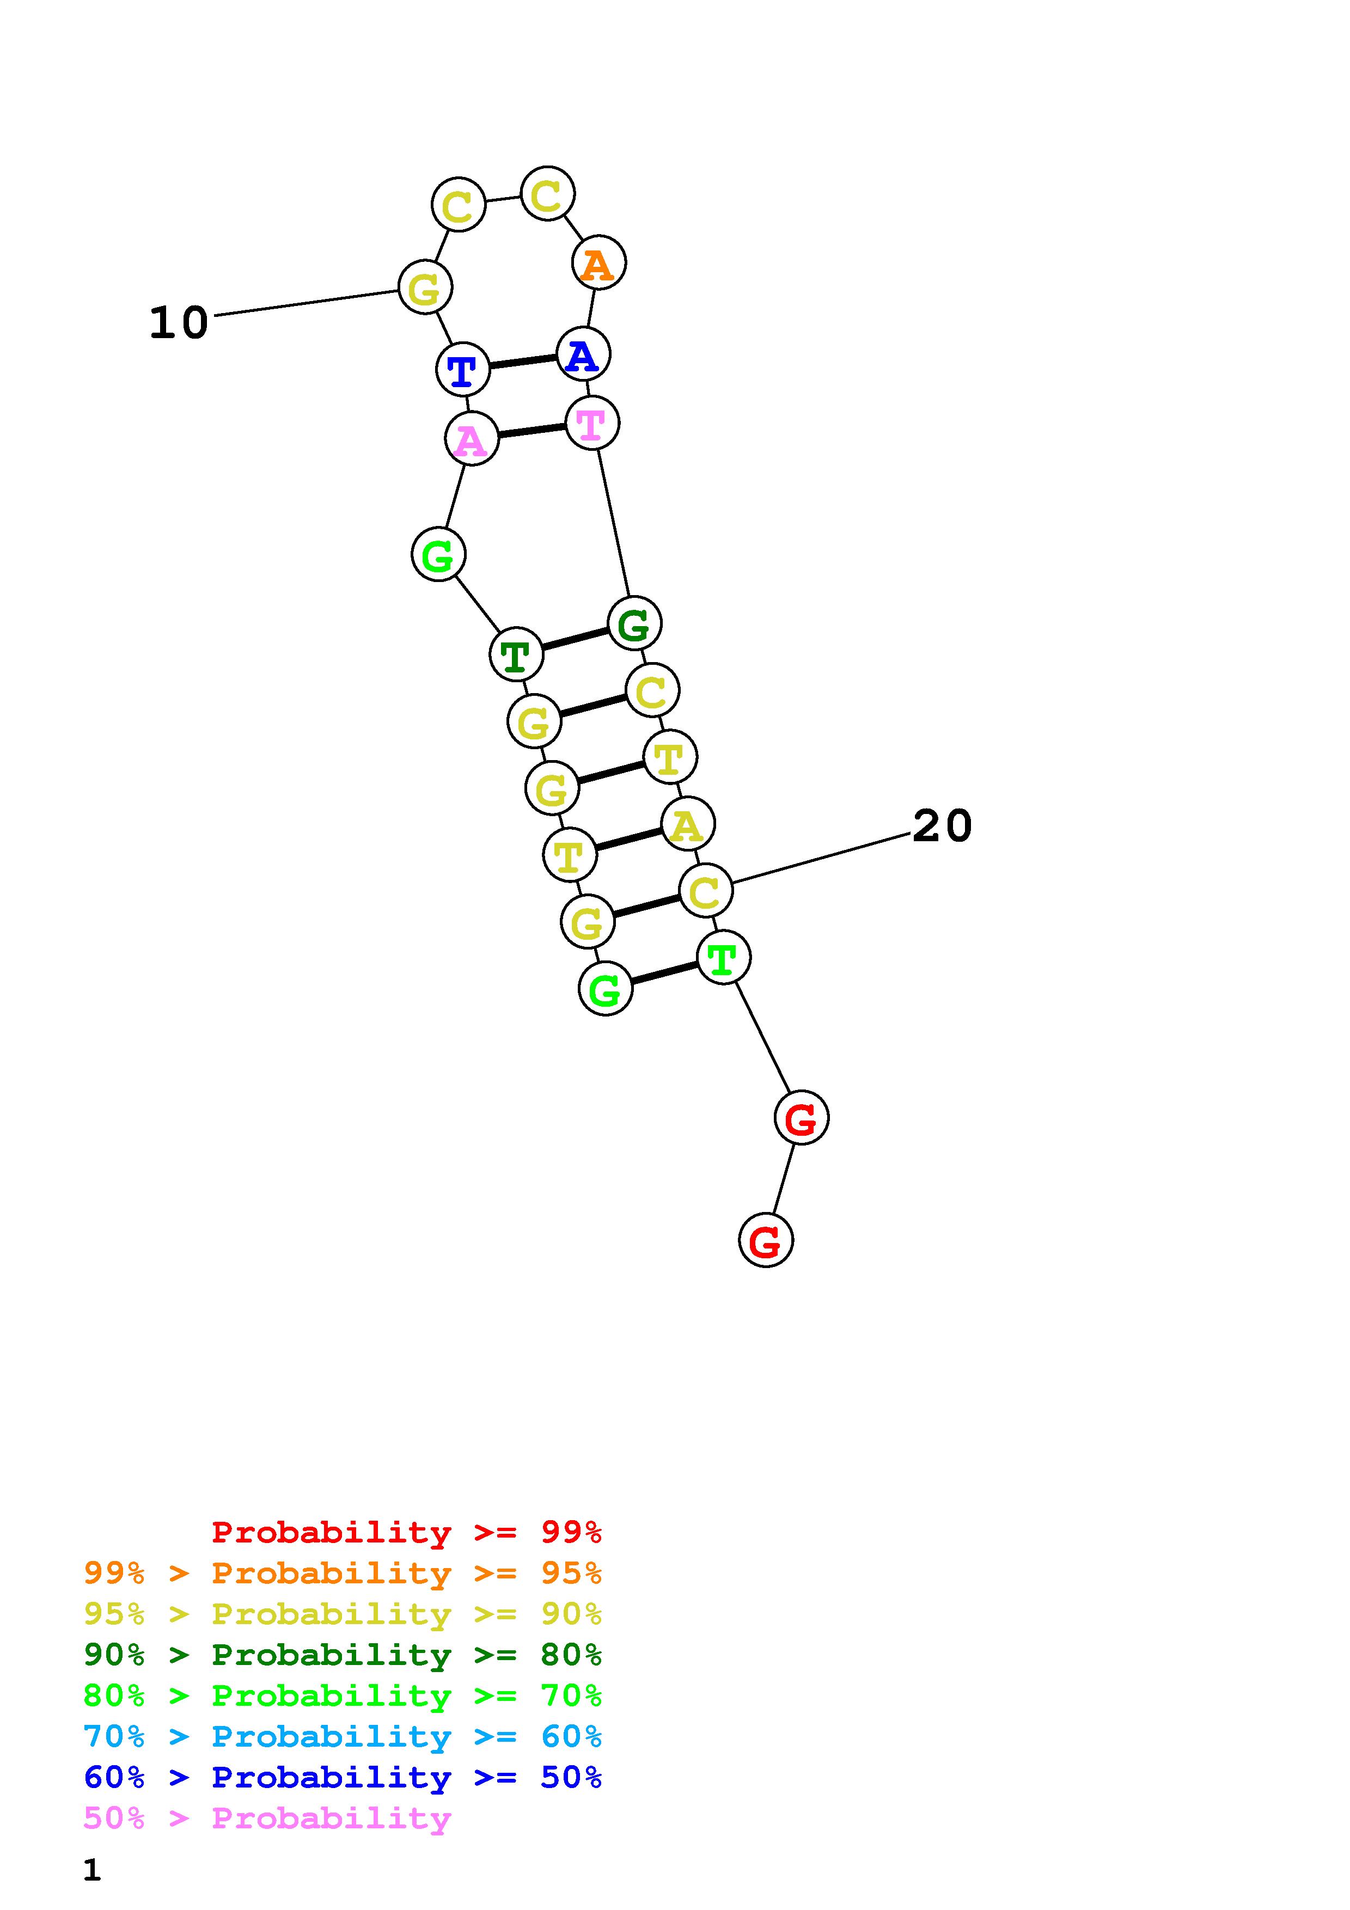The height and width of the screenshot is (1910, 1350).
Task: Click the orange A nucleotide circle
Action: click(x=598, y=263)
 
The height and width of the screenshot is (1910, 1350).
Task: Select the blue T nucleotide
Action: click(x=462, y=369)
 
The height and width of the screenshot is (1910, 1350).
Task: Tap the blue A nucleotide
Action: click(x=583, y=353)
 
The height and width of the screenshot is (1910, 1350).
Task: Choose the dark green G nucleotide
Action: click(x=634, y=623)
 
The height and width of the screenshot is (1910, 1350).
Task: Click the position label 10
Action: click(x=178, y=323)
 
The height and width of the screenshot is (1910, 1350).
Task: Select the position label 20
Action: click(x=942, y=826)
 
